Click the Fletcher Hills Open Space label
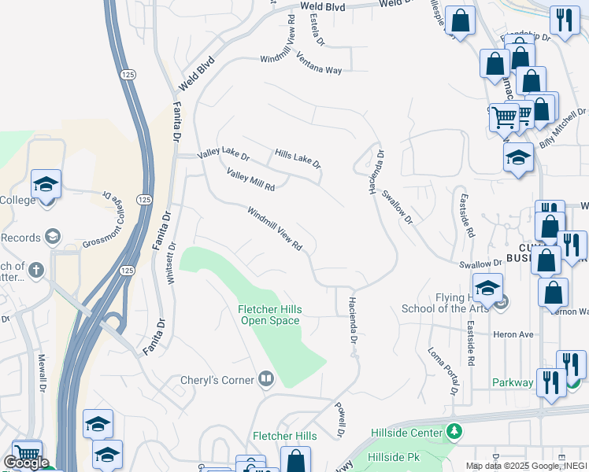pyautogui.click(x=269, y=315)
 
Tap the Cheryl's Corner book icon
pyautogui.click(x=266, y=380)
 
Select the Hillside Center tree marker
pyautogui.click(x=454, y=431)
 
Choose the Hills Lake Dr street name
pyautogui.click(x=298, y=158)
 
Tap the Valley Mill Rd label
pyautogui.click(x=250, y=180)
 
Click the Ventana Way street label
pyautogui.click(x=319, y=64)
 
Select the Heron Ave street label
pyautogui.click(x=513, y=334)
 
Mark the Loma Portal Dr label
pyautogui.click(x=443, y=371)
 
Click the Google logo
pyautogui.click(x=25, y=463)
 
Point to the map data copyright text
pyautogui.click(x=526, y=466)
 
